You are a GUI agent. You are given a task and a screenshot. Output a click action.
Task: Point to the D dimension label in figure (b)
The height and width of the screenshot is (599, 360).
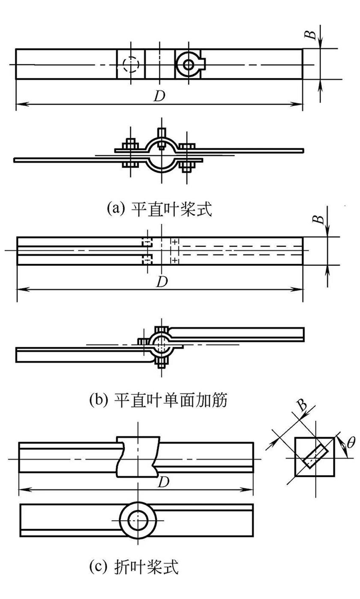(161, 282)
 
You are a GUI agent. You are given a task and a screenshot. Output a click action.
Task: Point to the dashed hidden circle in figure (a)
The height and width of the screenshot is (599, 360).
(131, 64)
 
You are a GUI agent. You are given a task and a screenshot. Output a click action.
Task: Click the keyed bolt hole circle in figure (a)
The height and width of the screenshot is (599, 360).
(189, 64)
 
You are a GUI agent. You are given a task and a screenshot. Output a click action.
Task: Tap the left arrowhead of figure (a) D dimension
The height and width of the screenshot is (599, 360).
(19, 104)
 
